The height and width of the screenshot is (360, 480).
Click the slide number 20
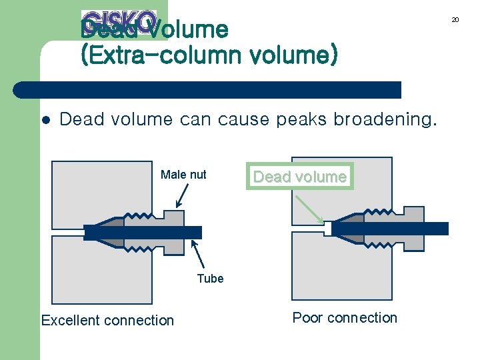(x=455, y=20)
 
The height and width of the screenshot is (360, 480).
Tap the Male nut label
(x=183, y=175)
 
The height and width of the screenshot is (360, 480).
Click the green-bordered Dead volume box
(x=299, y=177)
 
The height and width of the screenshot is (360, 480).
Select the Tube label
(x=210, y=279)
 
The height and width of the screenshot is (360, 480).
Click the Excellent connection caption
(x=107, y=321)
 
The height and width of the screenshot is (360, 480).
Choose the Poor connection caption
(x=345, y=318)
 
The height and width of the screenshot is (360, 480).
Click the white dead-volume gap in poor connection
(x=327, y=229)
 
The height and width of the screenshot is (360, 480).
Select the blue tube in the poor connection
(x=393, y=229)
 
